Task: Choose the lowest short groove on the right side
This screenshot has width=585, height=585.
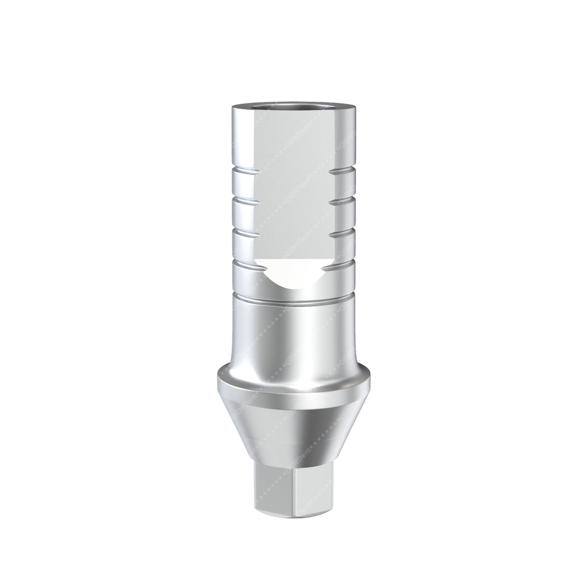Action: tap(342, 263)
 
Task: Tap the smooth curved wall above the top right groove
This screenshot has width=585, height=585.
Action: tap(342, 140)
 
